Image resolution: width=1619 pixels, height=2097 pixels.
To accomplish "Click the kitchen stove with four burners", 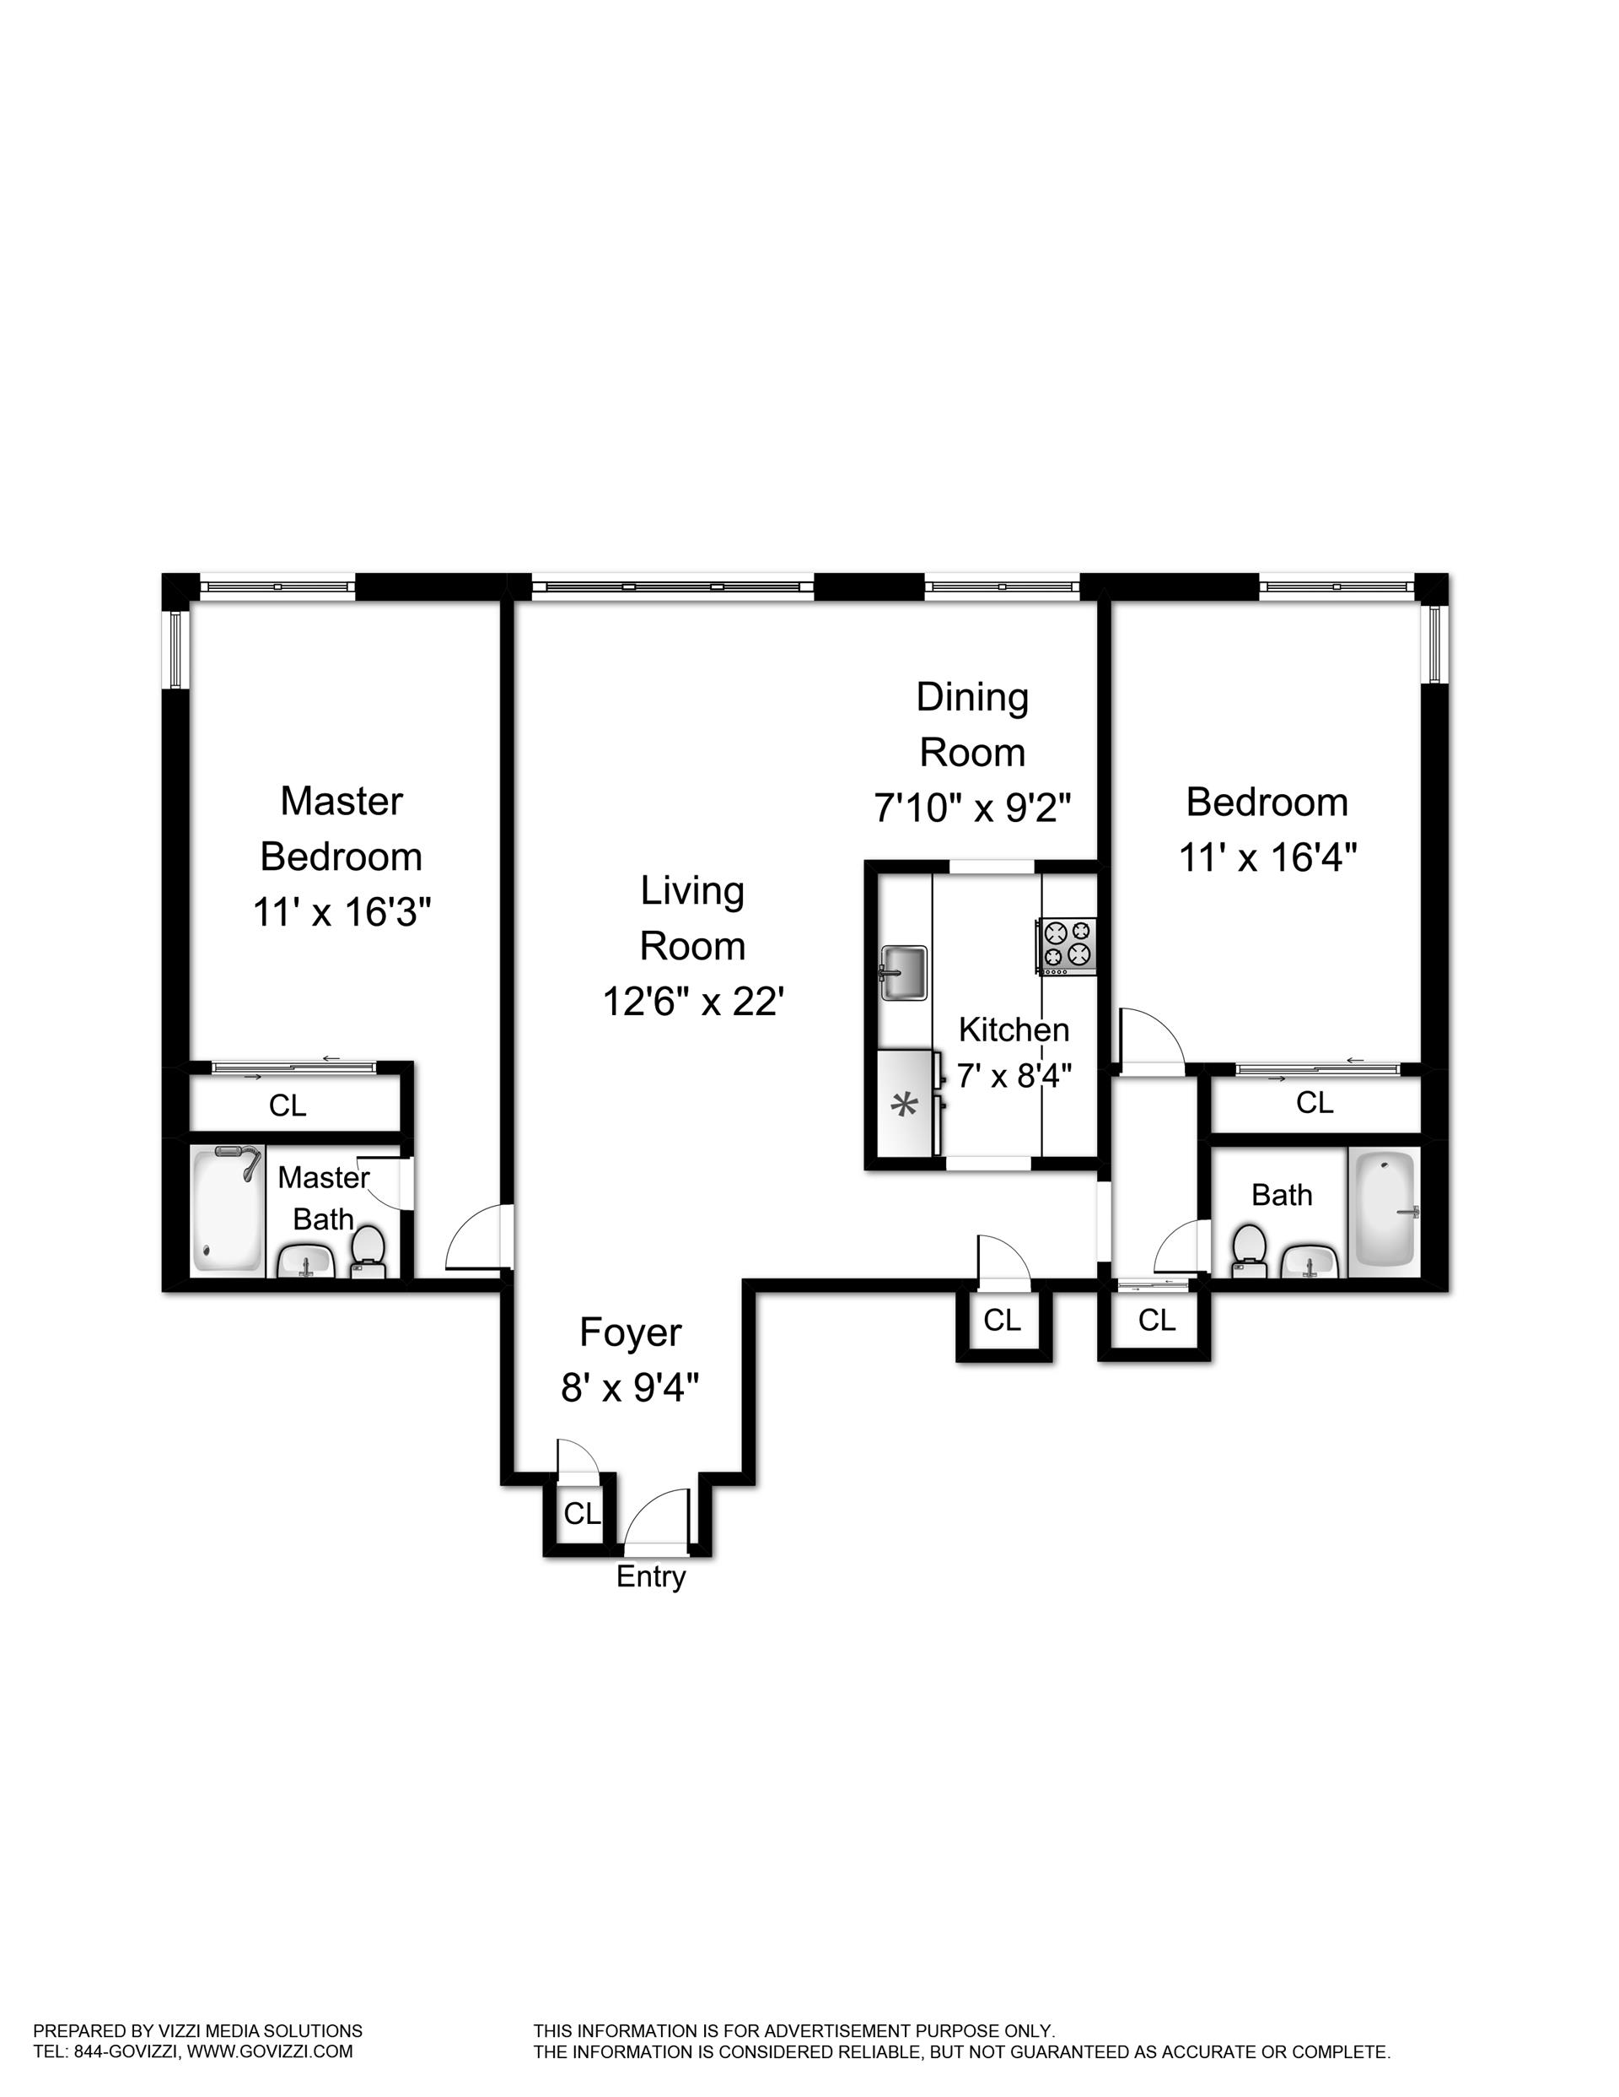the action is (1066, 946).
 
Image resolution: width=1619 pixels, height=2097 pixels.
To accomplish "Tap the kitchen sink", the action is (903, 971).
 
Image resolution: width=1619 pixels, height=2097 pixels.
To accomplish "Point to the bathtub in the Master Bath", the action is (228, 1211).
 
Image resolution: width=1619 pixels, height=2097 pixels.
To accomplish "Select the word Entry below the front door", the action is (651, 1576).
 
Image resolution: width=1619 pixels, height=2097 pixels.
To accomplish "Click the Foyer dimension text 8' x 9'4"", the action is (631, 1387).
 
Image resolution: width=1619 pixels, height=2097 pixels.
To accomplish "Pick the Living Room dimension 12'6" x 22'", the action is (694, 1002).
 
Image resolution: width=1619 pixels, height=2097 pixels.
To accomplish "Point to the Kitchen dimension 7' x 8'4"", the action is (1014, 1074).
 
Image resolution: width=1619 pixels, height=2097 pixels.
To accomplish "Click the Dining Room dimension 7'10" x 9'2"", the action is (971, 808).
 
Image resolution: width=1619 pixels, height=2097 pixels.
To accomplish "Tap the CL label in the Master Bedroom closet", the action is (288, 1105).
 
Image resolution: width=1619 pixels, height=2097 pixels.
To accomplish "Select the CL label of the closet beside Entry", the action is (582, 1514).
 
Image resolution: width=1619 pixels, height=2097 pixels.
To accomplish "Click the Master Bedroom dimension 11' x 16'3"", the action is (342, 911).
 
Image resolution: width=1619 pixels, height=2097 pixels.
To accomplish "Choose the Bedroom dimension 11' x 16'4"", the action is (1267, 857).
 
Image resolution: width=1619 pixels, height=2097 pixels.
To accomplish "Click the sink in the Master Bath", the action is (305, 1262).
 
